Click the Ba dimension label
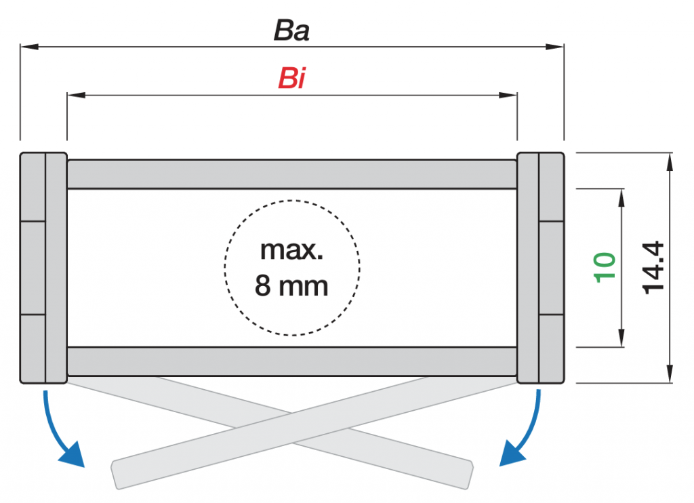point(291,31)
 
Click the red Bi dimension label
point(291,79)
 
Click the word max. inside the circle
point(292,251)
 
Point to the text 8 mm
point(292,285)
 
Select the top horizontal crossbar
point(292,174)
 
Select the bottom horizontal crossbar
point(292,361)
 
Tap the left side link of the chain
point(43,267)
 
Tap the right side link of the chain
point(540,267)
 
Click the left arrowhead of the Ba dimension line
point(27,47)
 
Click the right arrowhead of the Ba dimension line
point(556,47)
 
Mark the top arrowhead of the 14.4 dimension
point(670,161)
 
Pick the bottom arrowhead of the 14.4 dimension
point(670,376)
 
